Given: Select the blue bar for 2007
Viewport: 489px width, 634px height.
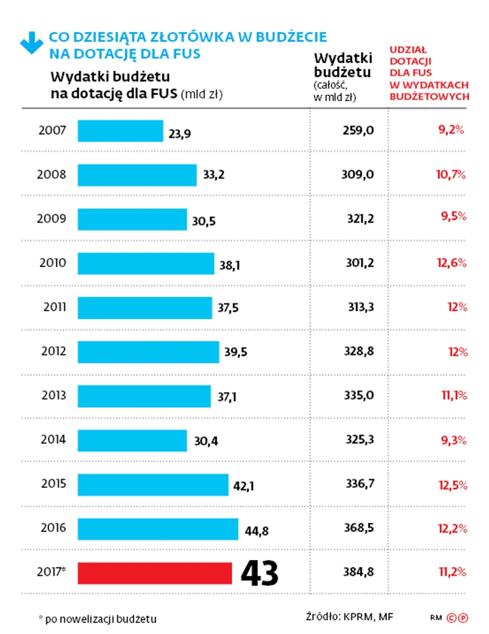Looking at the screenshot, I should click(x=120, y=131).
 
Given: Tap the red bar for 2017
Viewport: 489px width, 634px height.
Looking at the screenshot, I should click(x=155, y=573).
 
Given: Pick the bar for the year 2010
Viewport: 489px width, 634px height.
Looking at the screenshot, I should click(x=146, y=263).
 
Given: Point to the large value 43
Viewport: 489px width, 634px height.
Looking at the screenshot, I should click(x=259, y=573).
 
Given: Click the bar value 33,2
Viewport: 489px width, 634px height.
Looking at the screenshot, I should click(x=214, y=176).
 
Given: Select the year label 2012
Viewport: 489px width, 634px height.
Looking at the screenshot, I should click(x=54, y=351).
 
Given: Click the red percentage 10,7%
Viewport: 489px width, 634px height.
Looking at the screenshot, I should click(x=451, y=175).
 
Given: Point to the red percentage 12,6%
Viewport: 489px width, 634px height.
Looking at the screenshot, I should click(x=451, y=263).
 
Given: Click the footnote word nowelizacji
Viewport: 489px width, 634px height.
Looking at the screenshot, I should click(x=94, y=619).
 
